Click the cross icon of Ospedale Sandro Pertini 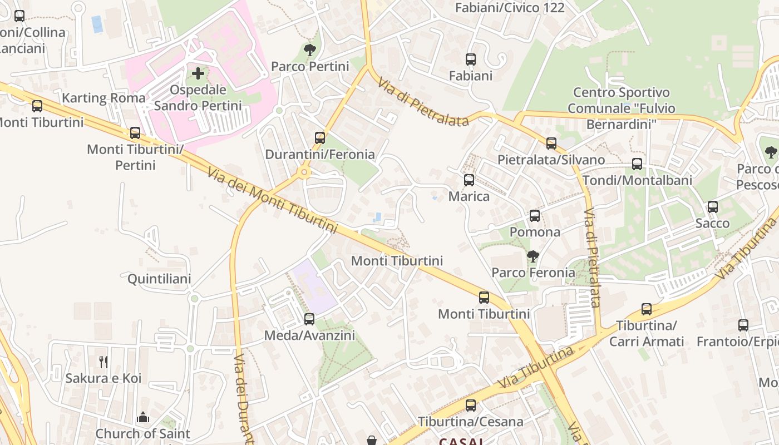click(198, 73)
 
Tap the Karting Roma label click(103, 98)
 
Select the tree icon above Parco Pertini click(310, 51)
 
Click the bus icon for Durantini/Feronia click(320, 137)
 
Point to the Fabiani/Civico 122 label click(510, 8)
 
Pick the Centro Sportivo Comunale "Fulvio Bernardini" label click(621, 108)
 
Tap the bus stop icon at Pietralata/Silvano click(551, 144)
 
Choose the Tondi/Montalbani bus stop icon click(637, 164)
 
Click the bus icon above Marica click(469, 180)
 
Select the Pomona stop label click(535, 232)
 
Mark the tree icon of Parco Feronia click(533, 256)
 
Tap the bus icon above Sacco click(713, 207)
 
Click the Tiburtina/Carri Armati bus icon click(647, 309)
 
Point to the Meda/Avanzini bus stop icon click(309, 319)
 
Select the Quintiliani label click(159, 279)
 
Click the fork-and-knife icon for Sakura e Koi click(103, 362)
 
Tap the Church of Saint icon click(143, 417)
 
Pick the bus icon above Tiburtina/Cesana click(471, 406)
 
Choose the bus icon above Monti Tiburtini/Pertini click(135, 133)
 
